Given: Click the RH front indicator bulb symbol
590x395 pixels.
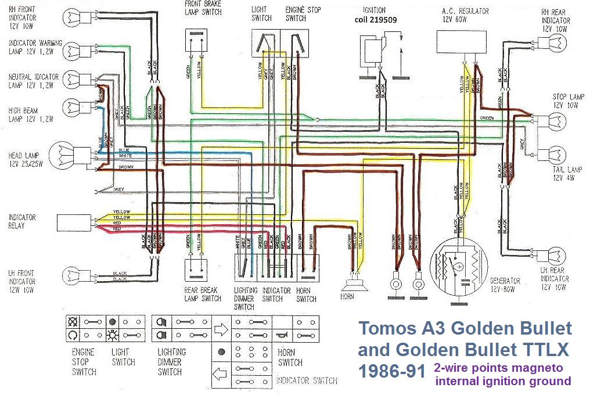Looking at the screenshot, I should point(73,17).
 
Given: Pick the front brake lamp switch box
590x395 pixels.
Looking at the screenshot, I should point(195,41).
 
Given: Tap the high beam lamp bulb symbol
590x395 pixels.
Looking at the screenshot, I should point(73,105).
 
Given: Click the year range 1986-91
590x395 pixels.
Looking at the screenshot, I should point(392,371).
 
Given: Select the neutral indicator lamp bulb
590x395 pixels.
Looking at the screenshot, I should point(73,78).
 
